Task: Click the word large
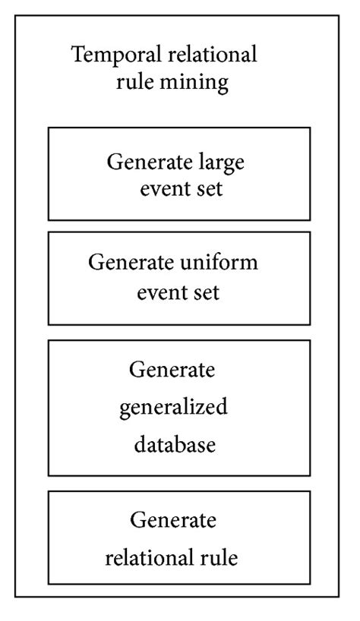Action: point(224,162)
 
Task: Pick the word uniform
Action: point(220,263)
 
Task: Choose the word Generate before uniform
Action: point(131,263)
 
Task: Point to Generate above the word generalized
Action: point(172,371)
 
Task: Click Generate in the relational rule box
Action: point(172,521)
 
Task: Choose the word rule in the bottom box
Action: point(221,559)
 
